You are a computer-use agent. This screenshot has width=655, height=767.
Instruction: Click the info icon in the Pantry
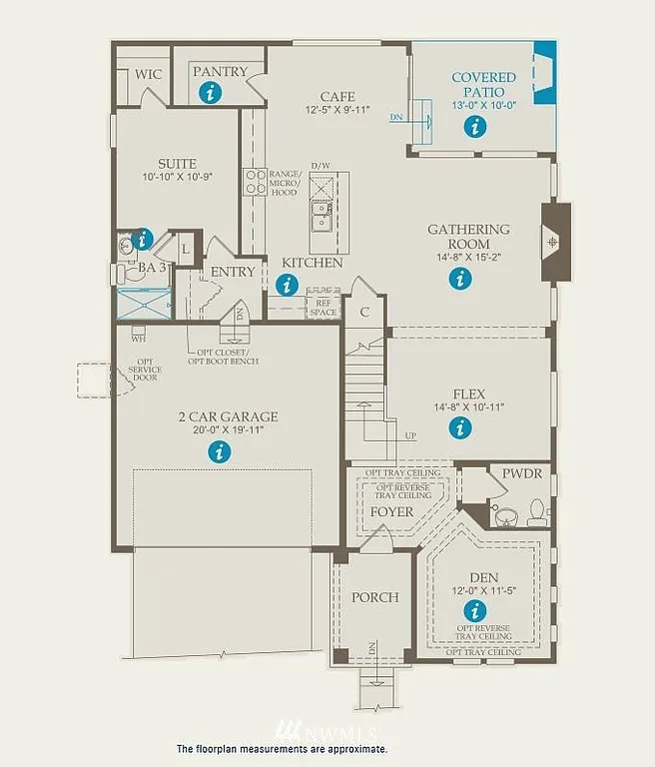[210, 93]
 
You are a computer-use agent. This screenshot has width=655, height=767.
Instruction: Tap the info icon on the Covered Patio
[474, 126]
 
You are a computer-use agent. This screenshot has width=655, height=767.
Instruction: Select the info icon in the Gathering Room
[459, 280]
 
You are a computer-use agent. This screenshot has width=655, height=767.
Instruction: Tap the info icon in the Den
[475, 609]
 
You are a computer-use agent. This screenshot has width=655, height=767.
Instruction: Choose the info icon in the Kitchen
[288, 285]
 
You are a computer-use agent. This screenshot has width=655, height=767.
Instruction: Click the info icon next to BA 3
[142, 239]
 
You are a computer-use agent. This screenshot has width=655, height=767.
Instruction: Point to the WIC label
[149, 74]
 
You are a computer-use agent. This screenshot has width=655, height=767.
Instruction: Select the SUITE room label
[176, 164]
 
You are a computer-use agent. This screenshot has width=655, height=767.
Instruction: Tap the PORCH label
[374, 597]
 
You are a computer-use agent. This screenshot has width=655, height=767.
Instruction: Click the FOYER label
[391, 511]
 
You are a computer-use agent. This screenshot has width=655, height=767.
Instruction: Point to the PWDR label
[522, 473]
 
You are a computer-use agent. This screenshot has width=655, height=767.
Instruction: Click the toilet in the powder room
[537, 512]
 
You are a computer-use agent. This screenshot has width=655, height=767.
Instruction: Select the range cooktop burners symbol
[256, 183]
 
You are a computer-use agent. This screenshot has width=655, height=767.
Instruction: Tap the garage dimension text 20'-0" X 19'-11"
[220, 431]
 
